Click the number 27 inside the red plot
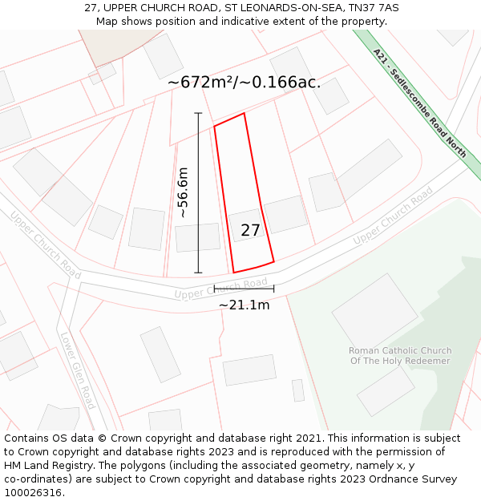click(x=250, y=231)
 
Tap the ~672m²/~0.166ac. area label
click(x=244, y=82)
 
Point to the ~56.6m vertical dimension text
click(x=183, y=192)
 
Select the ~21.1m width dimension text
click(x=244, y=305)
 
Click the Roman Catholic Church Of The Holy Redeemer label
click(x=400, y=356)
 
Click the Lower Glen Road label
click(x=78, y=370)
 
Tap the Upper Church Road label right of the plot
click(x=393, y=216)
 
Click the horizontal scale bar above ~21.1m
click(x=244, y=289)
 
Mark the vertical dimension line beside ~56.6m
click(x=199, y=192)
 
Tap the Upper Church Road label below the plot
click(x=220, y=289)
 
